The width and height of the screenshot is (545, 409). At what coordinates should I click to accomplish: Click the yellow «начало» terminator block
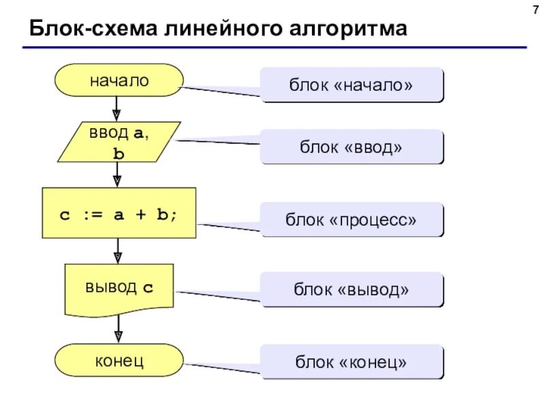click(x=119, y=80)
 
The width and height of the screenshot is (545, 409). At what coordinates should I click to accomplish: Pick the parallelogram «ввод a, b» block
click(x=119, y=142)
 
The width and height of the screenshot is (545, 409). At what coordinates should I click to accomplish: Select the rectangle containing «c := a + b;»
click(x=119, y=213)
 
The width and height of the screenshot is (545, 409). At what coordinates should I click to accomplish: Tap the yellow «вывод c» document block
click(x=119, y=288)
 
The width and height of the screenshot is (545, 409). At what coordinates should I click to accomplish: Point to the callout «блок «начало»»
click(x=352, y=85)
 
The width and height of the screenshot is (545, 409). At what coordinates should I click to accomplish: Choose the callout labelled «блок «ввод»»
click(x=352, y=147)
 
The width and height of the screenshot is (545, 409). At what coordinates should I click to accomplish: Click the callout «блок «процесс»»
click(x=352, y=219)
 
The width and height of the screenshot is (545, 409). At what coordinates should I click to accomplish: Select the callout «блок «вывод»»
click(x=352, y=290)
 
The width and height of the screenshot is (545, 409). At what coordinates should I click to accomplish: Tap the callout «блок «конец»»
click(x=352, y=361)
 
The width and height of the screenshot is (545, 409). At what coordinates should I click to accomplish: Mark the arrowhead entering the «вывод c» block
click(x=117, y=256)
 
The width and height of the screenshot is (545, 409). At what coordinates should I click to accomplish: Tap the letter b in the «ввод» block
click(x=119, y=154)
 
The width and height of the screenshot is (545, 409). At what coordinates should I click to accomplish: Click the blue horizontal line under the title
click(x=272, y=48)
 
